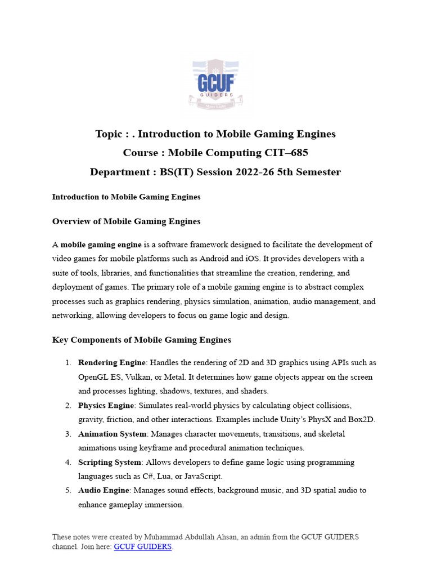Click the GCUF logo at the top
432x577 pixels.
[215, 85]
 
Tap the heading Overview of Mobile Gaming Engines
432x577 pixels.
[126, 221]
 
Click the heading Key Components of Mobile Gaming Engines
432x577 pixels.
[141, 340]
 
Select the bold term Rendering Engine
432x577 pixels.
[112, 362]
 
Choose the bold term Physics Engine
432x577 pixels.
[106, 405]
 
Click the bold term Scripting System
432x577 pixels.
[110, 462]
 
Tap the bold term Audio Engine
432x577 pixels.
[103, 490]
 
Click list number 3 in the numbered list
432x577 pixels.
[67, 434]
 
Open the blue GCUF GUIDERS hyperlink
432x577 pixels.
[142, 547]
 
